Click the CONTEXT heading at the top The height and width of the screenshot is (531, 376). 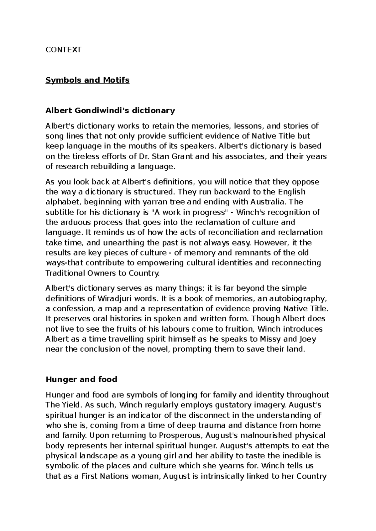click(x=63, y=50)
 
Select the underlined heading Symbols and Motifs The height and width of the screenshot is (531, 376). click(x=87, y=80)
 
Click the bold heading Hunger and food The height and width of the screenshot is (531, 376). click(x=81, y=379)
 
